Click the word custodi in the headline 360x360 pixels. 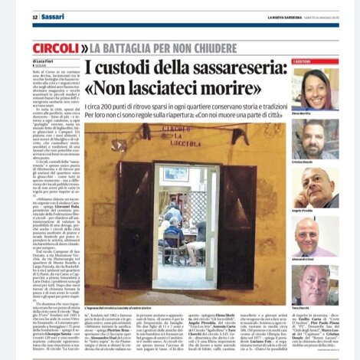139,70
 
